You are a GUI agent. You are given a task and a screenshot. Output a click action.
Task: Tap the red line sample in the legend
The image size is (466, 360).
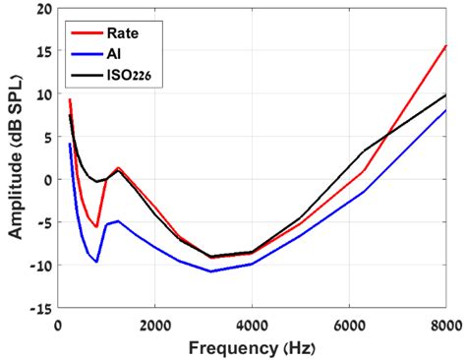[x=85, y=30]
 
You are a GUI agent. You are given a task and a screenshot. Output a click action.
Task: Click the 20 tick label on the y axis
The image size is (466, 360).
[x=42, y=10]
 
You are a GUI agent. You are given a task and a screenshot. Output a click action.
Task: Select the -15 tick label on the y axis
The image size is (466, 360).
[x=39, y=308]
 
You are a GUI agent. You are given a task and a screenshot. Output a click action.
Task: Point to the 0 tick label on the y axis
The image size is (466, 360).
[x=46, y=180]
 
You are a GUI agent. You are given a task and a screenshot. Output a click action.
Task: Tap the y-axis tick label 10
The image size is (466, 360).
[x=42, y=95]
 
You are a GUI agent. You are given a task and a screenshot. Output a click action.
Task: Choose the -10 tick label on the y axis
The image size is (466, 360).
[x=39, y=266]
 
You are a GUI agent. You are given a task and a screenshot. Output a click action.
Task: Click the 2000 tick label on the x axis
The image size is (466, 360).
[x=154, y=324]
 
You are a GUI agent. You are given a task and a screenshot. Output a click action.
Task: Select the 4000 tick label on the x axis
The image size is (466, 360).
[x=252, y=324]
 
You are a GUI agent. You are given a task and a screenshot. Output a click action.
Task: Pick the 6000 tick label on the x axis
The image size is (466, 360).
[x=349, y=324]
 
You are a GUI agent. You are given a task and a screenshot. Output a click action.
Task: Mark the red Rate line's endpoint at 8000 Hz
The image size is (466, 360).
[x=445, y=46]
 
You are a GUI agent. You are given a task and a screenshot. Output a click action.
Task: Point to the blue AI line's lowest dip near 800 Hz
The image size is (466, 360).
[x=96, y=262]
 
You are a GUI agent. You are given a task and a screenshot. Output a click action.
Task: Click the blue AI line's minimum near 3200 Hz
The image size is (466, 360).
[x=210, y=271]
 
